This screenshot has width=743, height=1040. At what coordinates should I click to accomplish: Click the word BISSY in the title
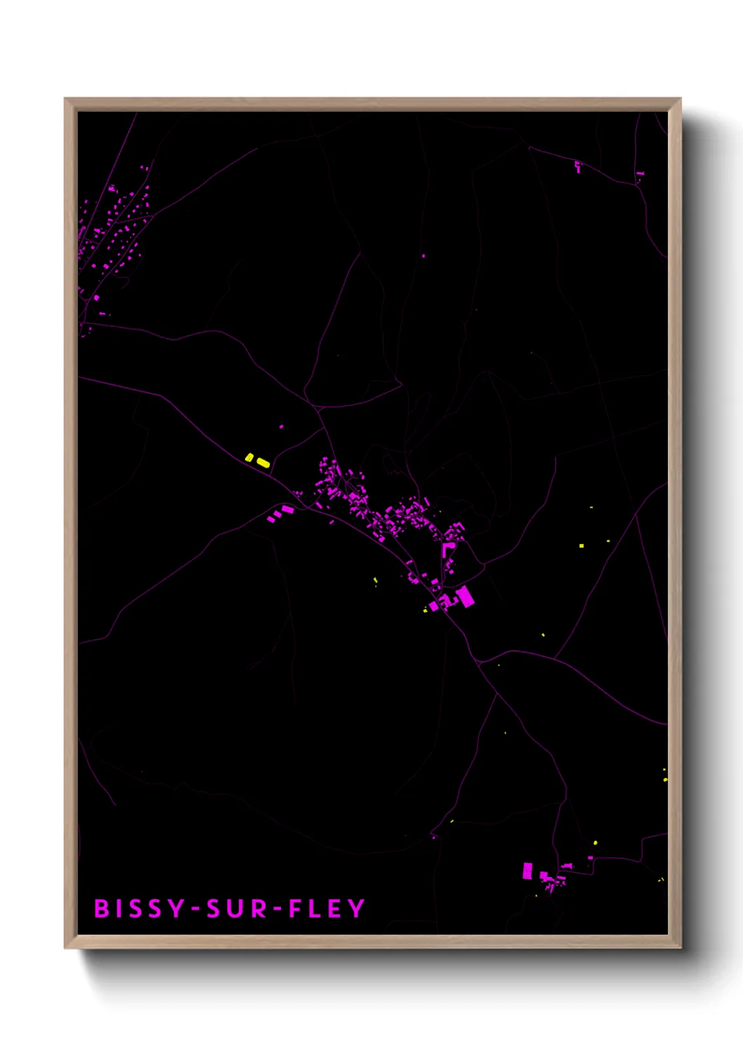click(x=139, y=909)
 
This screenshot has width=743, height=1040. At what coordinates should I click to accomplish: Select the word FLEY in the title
click(x=327, y=909)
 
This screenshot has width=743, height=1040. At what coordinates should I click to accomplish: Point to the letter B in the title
click(x=102, y=909)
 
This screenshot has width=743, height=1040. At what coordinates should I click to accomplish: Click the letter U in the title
click(x=237, y=909)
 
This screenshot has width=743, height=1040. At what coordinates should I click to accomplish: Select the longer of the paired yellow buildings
click(x=263, y=462)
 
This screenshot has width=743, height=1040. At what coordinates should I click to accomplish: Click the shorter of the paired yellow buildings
click(x=249, y=457)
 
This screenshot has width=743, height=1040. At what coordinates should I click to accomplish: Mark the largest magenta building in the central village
click(x=464, y=597)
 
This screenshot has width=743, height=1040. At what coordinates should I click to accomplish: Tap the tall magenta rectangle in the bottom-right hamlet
click(x=527, y=871)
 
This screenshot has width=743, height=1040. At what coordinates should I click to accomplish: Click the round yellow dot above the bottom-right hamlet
click(x=596, y=843)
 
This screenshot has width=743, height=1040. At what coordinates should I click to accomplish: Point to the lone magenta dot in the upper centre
click(x=423, y=256)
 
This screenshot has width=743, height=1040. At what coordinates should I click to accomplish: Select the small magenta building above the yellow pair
click(x=282, y=427)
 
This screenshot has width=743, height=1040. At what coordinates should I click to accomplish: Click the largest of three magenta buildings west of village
click(x=287, y=509)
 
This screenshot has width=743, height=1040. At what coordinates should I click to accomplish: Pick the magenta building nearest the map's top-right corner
click(x=640, y=174)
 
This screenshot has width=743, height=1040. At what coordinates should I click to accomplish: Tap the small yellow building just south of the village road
click(x=375, y=580)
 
